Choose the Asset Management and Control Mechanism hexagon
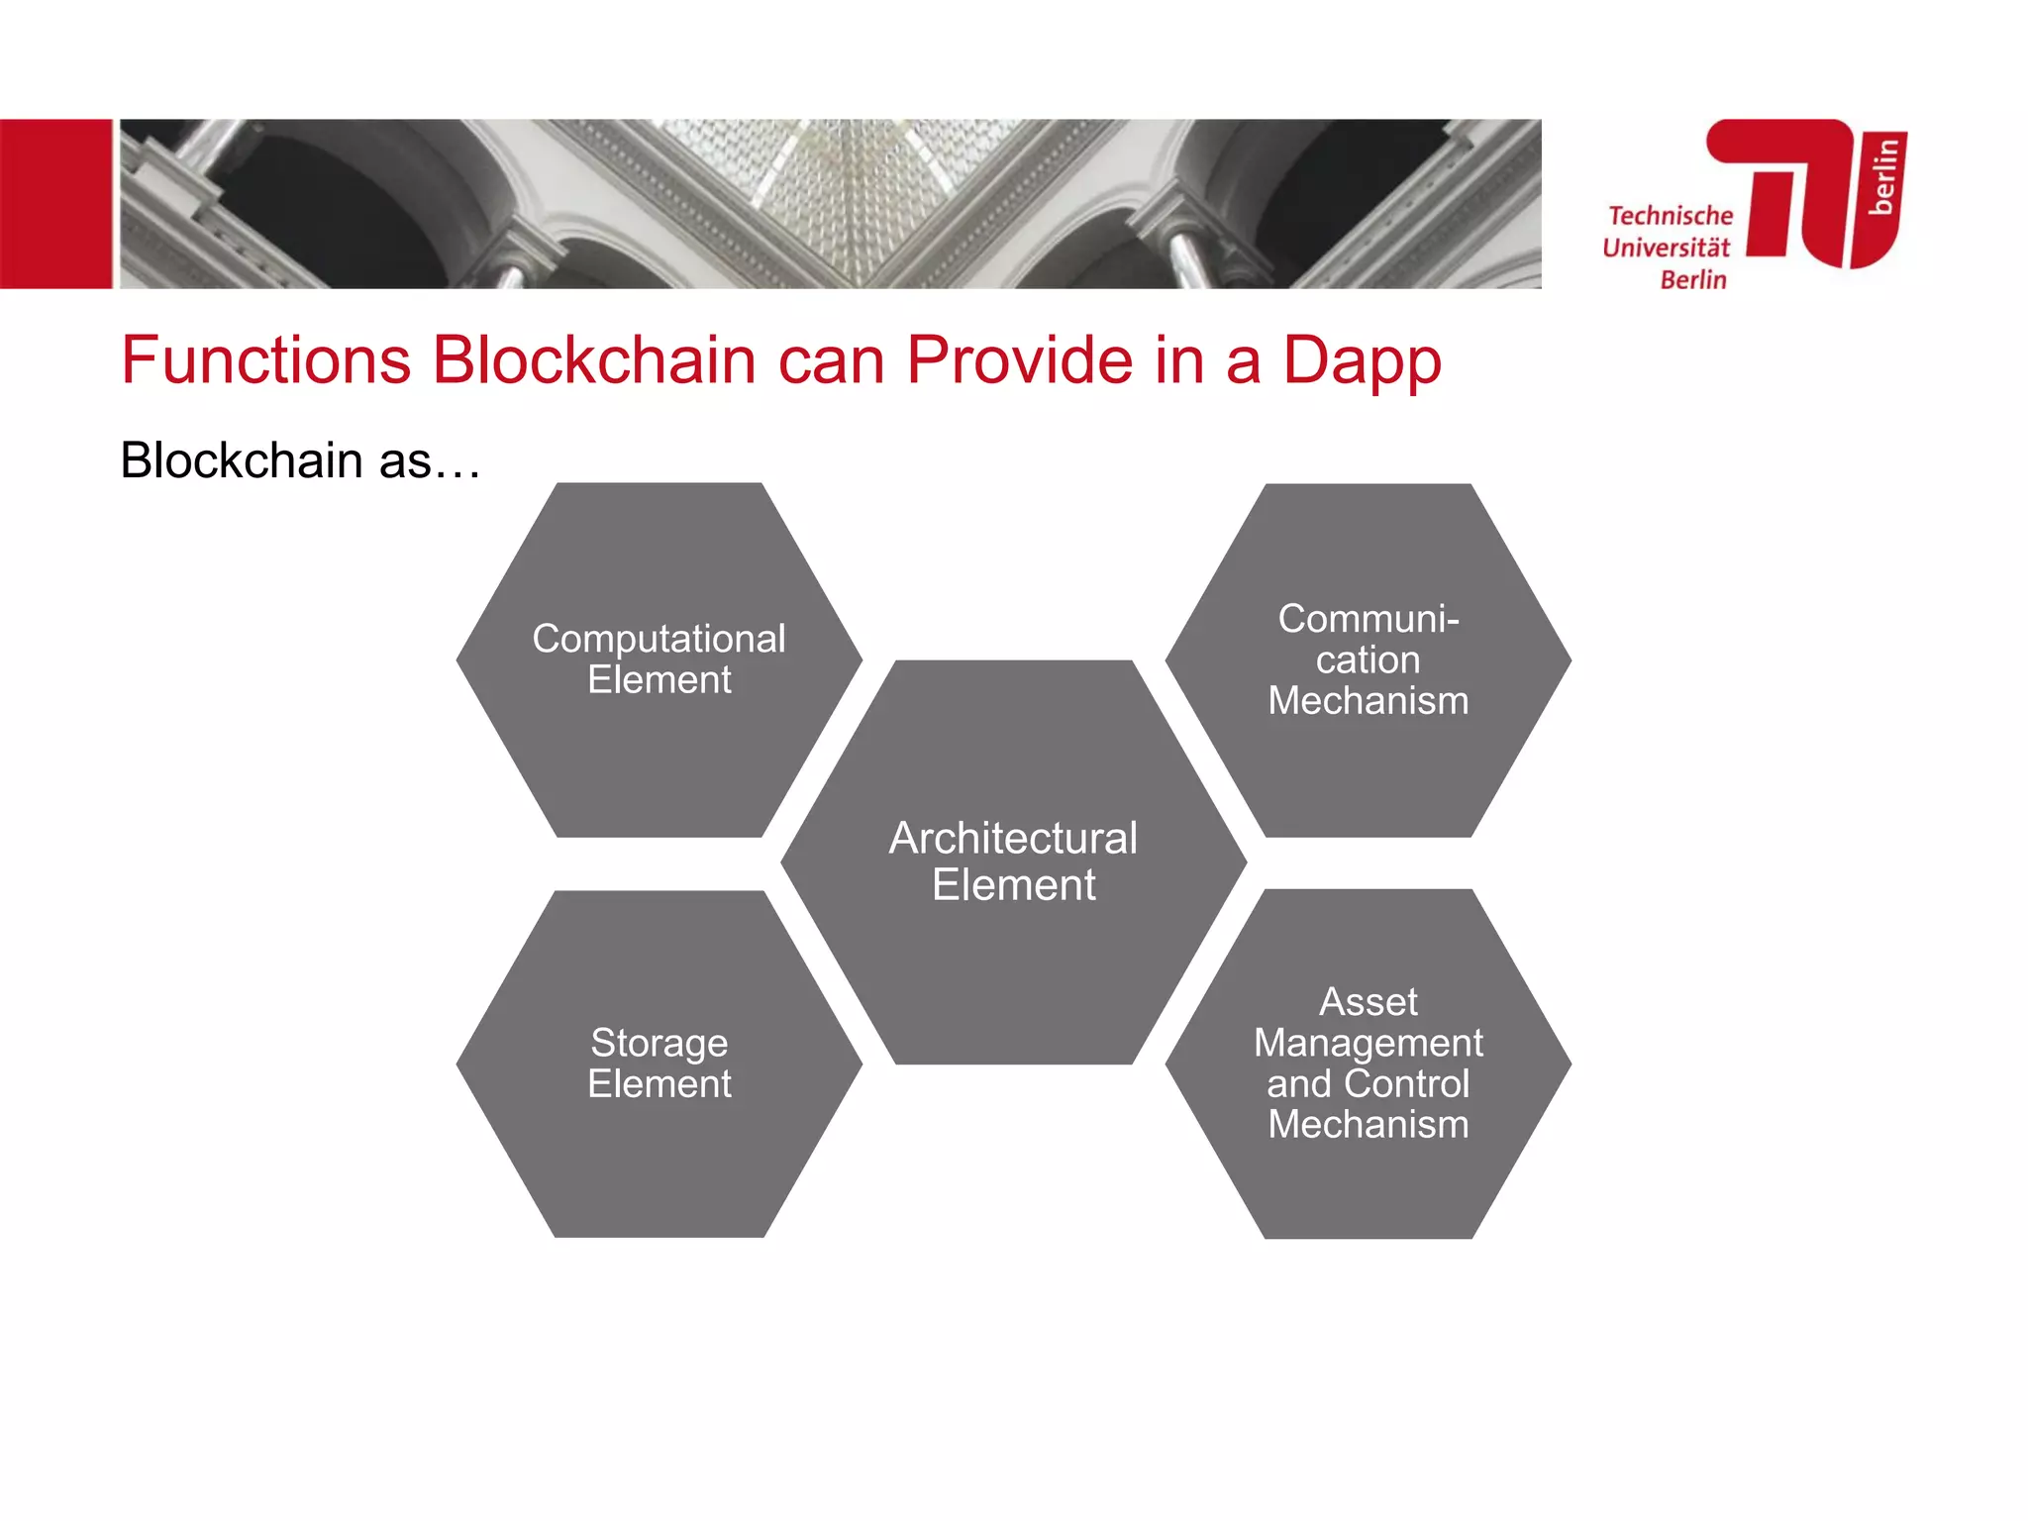click(x=1368, y=1178)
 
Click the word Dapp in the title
click(x=1362, y=361)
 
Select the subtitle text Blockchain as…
click(x=300, y=461)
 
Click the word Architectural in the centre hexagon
click(x=1013, y=839)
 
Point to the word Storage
click(x=659, y=1044)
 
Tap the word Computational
click(x=659, y=639)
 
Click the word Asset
click(x=1368, y=1002)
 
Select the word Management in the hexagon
click(x=1368, y=1044)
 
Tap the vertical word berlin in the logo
click(x=1883, y=176)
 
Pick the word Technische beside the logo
click(x=1671, y=216)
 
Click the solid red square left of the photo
click(x=55, y=204)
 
